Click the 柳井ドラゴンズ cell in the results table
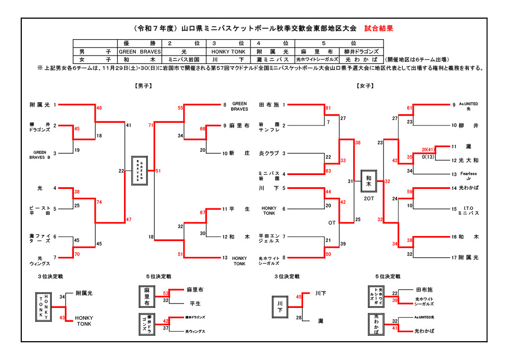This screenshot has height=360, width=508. pos(361,52)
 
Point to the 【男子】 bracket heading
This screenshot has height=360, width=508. pos(143,86)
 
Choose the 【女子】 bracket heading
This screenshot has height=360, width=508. pos(365,86)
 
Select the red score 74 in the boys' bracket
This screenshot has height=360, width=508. pos(99,202)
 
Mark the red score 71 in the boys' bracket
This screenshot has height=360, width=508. pos(151,125)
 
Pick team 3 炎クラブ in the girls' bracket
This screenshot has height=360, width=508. pos(269,153)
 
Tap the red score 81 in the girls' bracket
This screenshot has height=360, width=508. pos(328,108)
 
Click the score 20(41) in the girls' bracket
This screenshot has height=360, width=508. pos(428,149)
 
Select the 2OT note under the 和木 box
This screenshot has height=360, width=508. pos(369,198)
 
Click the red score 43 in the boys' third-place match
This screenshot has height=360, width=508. pos(63,318)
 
